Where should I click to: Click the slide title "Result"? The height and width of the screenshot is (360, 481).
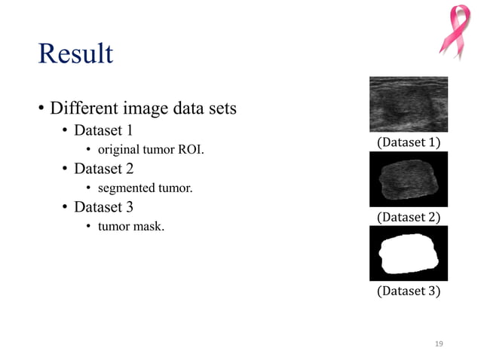click(x=75, y=55)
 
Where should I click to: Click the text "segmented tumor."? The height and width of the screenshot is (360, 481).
click(x=144, y=188)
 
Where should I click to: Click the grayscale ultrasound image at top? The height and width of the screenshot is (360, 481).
click(x=408, y=104)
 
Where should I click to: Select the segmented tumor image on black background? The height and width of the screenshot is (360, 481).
click(x=408, y=179)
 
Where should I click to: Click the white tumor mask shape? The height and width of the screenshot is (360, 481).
click(x=408, y=255)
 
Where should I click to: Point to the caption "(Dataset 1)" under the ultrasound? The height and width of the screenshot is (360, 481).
click(x=408, y=142)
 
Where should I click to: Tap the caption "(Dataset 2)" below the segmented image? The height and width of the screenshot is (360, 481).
click(x=408, y=217)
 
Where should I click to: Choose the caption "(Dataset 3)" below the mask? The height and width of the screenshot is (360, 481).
click(x=408, y=291)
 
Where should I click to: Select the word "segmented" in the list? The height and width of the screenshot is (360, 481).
click(x=124, y=188)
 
